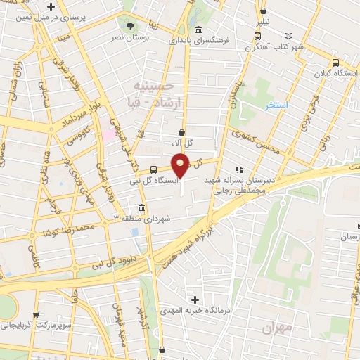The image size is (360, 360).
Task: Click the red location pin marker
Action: (x=181, y=165)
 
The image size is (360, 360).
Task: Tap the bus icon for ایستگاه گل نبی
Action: (x=154, y=169)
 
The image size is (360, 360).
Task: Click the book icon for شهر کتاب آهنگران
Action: (x=288, y=36)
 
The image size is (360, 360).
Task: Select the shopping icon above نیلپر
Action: (x=263, y=11)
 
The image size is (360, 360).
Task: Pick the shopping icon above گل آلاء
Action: (x=182, y=131)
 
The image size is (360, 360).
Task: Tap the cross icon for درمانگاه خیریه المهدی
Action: (x=195, y=300)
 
